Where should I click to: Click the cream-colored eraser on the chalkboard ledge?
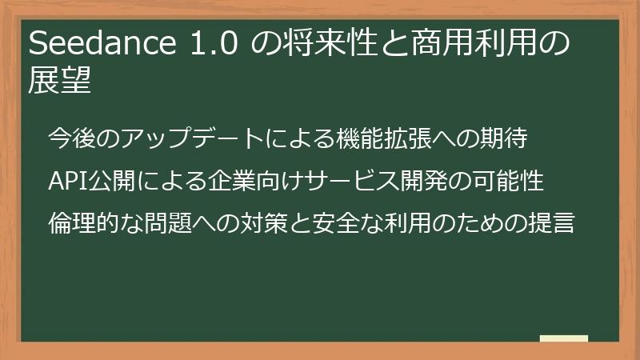(x=563, y=338)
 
